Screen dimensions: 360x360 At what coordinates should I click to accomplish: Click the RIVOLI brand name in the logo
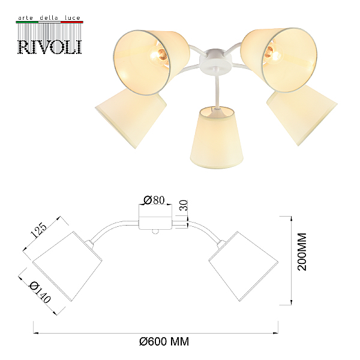(x=49, y=47)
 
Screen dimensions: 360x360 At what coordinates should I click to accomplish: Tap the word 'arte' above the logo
(x=25, y=18)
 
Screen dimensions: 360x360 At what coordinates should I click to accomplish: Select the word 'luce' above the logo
(x=73, y=17)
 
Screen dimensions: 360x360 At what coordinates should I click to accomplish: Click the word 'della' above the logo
(x=49, y=17)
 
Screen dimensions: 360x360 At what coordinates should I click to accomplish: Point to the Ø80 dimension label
(x=154, y=200)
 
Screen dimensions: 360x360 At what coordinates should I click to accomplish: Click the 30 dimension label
(x=184, y=205)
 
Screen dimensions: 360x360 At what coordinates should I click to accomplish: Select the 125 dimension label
(x=38, y=230)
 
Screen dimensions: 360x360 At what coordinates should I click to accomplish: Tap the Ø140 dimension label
(x=40, y=292)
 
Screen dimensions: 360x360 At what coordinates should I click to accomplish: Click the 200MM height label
(x=302, y=252)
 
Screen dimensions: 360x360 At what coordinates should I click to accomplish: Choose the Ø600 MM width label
(x=164, y=341)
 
